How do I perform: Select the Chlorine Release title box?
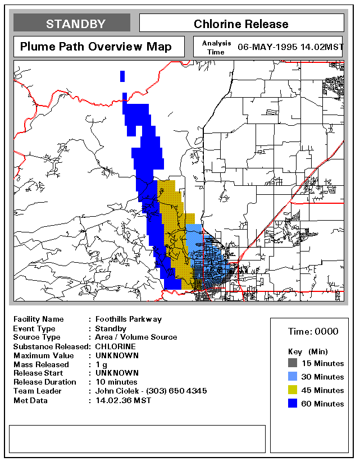(x=241, y=24)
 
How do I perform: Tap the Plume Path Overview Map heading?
(x=96, y=47)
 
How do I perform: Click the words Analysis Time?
(x=216, y=47)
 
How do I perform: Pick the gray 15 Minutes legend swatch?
(x=293, y=363)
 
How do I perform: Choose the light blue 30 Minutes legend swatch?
(x=293, y=377)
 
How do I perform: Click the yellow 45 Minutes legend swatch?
(x=293, y=390)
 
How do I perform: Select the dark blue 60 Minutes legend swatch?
(x=293, y=404)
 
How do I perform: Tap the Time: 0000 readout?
(x=313, y=331)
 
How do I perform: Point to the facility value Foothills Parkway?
(x=128, y=319)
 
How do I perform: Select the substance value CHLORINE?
(x=115, y=346)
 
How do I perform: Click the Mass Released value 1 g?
(x=102, y=364)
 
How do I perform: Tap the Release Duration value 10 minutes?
(x=116, y=382)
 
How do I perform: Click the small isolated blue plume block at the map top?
(x=122, y=76)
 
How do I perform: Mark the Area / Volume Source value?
(x=136, y=337)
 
